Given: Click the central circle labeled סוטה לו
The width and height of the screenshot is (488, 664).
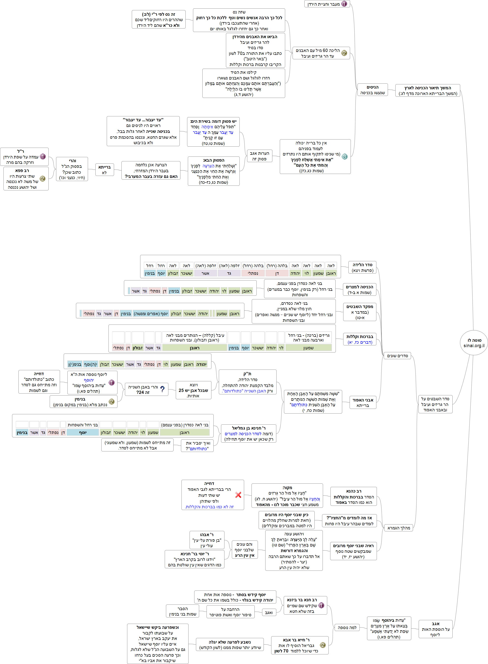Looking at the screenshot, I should point(474,343).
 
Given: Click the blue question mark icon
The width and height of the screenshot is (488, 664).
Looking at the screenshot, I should point(162,389).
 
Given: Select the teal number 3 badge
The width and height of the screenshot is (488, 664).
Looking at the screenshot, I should point(344,157).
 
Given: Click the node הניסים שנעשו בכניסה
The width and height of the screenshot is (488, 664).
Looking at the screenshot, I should point(372,90).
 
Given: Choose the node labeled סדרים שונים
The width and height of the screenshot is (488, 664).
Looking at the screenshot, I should point(397,356).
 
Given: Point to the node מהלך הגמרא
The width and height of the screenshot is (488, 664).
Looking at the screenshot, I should point(399,528).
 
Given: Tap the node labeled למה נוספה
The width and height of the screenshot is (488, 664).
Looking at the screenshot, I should point(347,627).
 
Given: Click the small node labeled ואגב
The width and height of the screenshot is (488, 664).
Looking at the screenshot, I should point(268,613).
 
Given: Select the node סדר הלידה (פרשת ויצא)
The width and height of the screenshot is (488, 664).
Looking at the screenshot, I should point(362,267).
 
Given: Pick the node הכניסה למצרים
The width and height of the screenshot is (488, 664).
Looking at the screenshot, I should point(359,289).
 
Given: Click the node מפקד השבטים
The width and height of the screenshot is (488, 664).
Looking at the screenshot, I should point(359,312).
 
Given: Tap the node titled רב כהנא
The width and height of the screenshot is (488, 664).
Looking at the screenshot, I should point(353,496).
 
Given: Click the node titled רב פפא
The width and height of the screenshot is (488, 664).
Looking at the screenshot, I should point(26,179).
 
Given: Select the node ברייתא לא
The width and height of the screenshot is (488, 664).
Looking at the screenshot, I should point(104,170).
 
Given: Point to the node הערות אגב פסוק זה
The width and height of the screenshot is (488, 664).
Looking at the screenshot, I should point(259,156).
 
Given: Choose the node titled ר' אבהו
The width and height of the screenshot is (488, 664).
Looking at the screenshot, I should point(207,540).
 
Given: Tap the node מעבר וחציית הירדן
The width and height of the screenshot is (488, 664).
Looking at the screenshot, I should point(327,4).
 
